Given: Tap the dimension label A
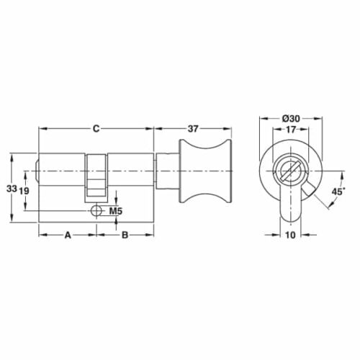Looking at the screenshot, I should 68,235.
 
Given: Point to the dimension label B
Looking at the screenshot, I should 125,235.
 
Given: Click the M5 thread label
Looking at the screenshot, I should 115,212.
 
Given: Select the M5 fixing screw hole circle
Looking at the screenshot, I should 96,212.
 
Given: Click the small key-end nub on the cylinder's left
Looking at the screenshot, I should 37,174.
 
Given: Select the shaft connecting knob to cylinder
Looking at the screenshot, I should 167,173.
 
